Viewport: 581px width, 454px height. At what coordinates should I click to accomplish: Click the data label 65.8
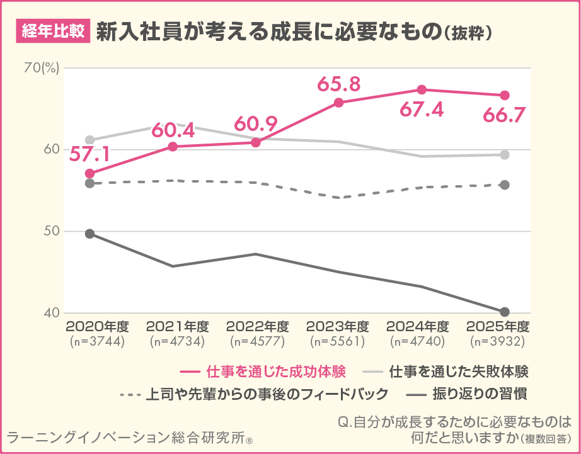(x=339, y=84)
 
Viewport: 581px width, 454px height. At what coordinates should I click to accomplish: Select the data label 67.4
(x=422, y=110)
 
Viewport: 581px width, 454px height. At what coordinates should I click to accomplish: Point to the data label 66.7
(x=505, y=116)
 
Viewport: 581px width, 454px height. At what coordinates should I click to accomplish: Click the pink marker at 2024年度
(x=422, y=89)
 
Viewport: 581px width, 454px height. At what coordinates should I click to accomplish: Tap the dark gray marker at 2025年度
(x=505, y=312)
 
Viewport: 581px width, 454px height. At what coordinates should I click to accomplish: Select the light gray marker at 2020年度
(x=89, y=140)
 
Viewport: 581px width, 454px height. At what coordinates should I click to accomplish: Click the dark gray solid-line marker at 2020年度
(x=89, y=234)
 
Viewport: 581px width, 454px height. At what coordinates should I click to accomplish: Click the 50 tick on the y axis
(x=49, y=231)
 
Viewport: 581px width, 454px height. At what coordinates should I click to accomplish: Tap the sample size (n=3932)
(x=497, y=341)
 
